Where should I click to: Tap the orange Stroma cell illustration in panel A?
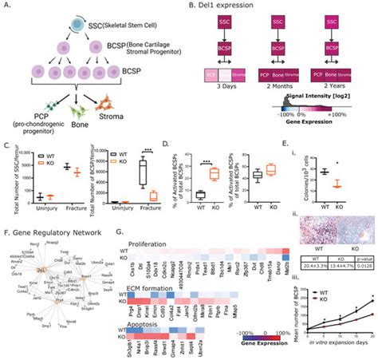(123, 104)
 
